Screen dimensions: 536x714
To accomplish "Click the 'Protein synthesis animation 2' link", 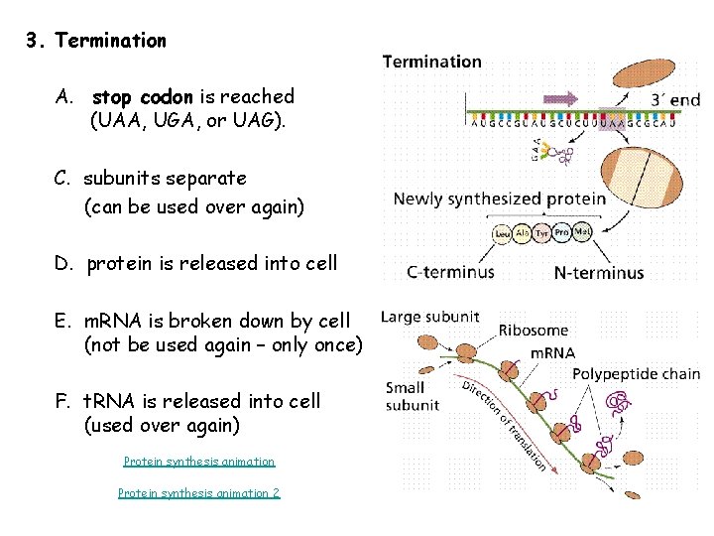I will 198,493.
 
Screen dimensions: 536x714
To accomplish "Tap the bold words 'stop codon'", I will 144,97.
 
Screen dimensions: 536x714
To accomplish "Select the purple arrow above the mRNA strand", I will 560,98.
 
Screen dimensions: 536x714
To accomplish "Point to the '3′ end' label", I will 675,99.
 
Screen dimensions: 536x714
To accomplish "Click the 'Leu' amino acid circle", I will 503,233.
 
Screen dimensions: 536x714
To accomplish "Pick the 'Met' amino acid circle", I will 583,233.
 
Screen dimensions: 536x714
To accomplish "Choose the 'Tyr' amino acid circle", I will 542,233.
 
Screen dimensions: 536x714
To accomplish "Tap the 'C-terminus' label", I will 450,272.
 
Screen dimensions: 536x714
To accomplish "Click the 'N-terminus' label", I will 598,272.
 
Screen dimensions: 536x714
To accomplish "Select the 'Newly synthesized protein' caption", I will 499,199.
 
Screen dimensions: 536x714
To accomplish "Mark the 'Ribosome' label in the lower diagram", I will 534,331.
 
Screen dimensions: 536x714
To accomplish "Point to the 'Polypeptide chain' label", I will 636,374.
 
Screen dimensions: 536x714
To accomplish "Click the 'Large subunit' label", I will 430,318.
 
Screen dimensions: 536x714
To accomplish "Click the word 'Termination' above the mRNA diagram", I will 432,62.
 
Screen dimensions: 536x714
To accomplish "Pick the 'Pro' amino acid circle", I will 562,233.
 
